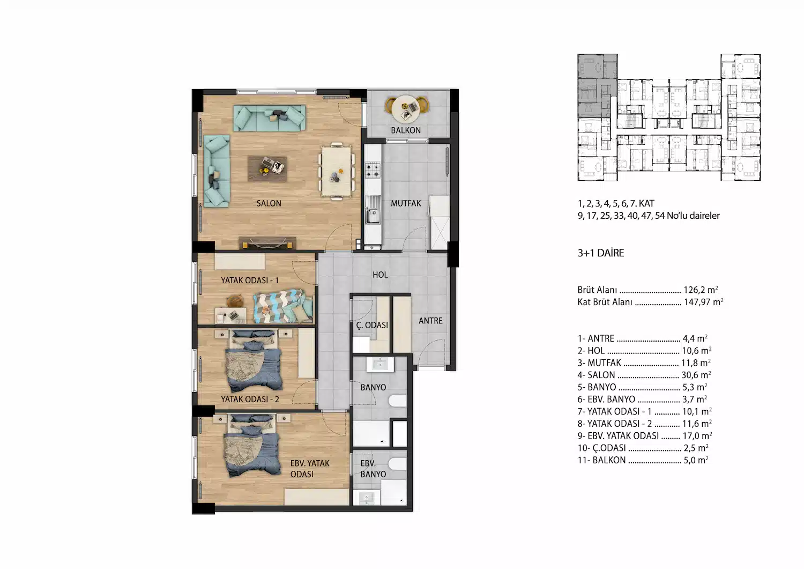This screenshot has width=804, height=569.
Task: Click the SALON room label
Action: tap(269, 203)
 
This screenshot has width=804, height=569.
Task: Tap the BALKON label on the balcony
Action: tap(406, 130)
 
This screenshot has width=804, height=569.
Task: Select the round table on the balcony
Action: tap(406, 108)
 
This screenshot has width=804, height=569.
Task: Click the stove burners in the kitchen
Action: tap(373, 170)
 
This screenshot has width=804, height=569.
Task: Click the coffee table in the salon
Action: tap(267, 169)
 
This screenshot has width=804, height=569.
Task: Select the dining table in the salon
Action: tap(336, 172)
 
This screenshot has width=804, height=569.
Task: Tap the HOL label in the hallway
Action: tap(380, 275)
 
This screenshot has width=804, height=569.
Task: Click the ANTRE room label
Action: tap(430, 321)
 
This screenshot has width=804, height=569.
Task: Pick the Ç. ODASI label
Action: tap(372, 325)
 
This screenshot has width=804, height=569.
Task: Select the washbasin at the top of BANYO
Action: tap(380, 365)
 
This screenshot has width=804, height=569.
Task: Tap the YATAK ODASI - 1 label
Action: tap(250, 280)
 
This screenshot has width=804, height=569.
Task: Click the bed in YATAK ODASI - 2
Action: tap(254, 361)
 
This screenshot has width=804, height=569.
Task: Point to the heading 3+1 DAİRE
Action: tap(601, 253)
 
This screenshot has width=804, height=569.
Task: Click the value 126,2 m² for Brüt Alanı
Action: tap(701, 290)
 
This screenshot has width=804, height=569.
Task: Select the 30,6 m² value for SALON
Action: tap(696, 375)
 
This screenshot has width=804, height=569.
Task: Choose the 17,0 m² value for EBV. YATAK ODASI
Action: tap(697, 435)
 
